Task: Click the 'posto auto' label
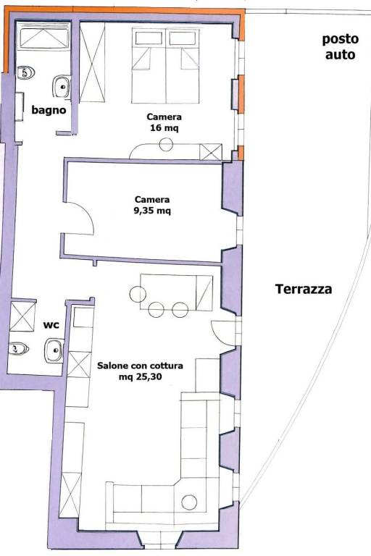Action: tap(340, 46)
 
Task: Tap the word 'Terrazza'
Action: tap(304, 289)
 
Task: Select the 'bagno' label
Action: tap(49, 110)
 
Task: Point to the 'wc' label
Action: tap(51, 324)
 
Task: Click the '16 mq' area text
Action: tap(164, 127)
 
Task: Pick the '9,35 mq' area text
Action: tap(152, 211)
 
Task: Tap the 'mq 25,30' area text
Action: tap(141, 376)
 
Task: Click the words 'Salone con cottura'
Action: tap(140, 365)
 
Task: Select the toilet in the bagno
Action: tap(26, 72)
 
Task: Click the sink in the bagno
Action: tap(62, 86)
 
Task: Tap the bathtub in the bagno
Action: tap(43, 37)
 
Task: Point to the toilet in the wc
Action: tap(18, 348)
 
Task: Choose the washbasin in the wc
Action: tap(54, 350)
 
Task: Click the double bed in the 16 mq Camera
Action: tap(165, 66)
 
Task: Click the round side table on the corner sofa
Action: tap(189, 502)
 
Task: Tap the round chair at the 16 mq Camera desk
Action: tap(166, 144)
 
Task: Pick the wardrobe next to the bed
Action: tap(92, 62)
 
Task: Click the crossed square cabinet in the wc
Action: tap(22, 316)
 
